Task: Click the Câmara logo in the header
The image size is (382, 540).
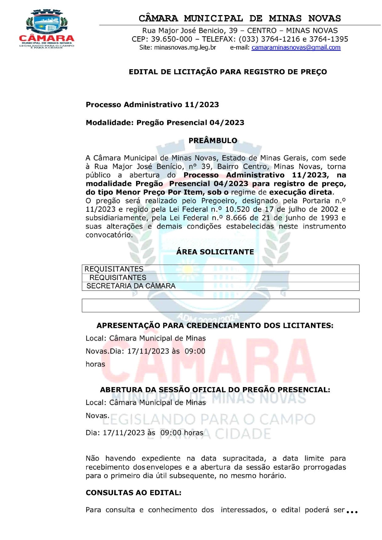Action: point(46,29)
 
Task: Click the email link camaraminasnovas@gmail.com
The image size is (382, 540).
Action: point(296,47)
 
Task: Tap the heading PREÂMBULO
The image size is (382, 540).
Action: point(213,141)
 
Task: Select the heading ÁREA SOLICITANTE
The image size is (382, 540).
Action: point(215,252)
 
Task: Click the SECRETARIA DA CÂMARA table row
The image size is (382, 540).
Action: point(131,286)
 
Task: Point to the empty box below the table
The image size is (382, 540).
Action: point(220,305)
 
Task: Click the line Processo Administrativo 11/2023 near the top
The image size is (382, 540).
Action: point(152,105)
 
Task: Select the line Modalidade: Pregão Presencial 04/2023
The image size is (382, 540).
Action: point(165,122)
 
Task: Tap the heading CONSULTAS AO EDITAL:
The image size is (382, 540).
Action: point(133,493)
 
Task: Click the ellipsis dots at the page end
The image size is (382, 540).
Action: point(352,512)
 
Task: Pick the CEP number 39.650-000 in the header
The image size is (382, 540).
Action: point(171,39)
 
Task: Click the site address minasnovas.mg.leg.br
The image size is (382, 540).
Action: point(185,47)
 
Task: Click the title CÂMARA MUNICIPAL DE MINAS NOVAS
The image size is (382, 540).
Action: point(239,18)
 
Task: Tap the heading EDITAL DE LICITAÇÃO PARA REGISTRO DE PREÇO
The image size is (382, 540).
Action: point(228,72)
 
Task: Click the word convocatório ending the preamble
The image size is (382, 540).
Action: point(109,235)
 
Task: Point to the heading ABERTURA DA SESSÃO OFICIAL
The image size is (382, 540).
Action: point(215,390)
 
